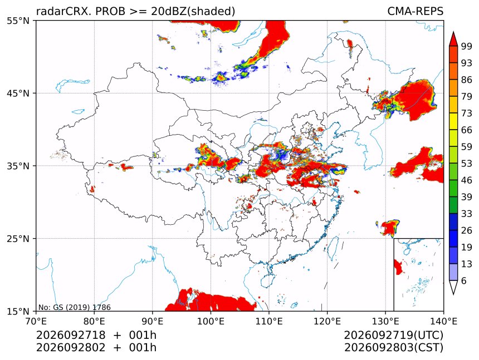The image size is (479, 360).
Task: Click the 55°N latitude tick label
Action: coord(18,21)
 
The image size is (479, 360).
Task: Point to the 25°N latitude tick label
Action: coord(18,239)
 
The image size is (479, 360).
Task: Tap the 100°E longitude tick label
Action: coord(211,321)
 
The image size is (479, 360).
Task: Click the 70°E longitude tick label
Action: coord(36,321)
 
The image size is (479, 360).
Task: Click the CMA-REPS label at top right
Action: coord(416,11)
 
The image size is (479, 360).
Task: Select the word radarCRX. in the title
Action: coord(64,11)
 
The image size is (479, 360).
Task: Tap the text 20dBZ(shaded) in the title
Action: coord(193,12)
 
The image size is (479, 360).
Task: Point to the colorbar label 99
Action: coord(467,46)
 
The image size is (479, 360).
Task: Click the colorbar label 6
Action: coord(464,280)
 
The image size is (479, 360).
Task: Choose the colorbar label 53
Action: coord(467,164)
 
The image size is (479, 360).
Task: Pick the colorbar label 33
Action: coord(467,214)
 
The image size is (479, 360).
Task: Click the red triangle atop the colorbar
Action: coord(453,40)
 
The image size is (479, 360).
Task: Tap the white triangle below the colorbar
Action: coord(453,286)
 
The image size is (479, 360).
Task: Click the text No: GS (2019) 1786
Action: coord(74,307)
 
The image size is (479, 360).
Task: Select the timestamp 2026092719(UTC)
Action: coord(393,335)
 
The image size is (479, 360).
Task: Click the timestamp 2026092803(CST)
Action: coord(393,348)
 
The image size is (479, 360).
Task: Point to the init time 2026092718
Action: coord(71,335)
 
